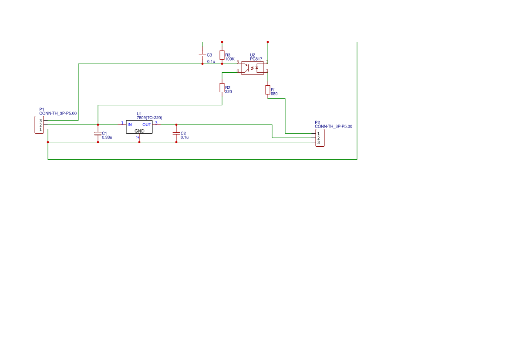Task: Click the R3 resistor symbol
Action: point(222,55)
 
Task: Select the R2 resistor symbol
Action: point(222,88)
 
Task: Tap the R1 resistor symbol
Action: point(267,90)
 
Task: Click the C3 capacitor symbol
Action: point(202,55)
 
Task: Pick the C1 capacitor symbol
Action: point(98,133)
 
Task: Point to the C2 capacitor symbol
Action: point(176,133)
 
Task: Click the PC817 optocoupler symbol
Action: point(253,68)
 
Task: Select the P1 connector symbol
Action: point(39,125)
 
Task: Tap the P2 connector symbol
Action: point(320,138)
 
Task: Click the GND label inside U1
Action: point(139,131)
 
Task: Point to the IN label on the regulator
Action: point(130,124)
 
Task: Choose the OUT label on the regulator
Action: point(147,124)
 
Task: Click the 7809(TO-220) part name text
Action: point(149,118)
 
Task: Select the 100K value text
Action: point(230,59)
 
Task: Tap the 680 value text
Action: point(274,94)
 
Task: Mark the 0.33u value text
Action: point(107,137)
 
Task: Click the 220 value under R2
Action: point(228,91)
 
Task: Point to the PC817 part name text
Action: point(256,59)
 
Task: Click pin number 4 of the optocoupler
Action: point(238,71)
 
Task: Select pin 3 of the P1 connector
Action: point(40,121)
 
